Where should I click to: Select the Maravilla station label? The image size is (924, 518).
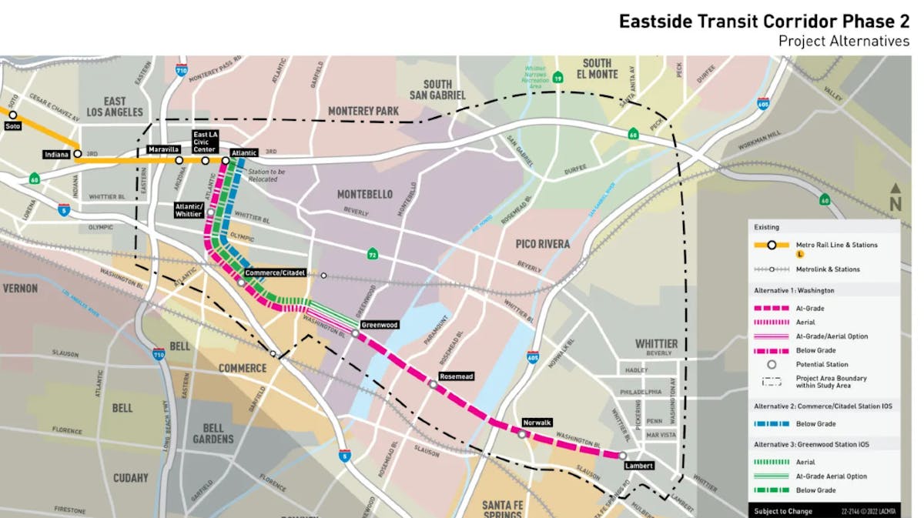click(x=164, y=149)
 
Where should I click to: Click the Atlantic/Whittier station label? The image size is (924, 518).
click(x=189, y=210)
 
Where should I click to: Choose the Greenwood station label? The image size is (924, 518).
click(x=380, y=325)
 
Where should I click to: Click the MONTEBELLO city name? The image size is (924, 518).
click(x=364, y=195)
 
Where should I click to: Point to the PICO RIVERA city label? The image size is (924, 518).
click(x=543, y=244)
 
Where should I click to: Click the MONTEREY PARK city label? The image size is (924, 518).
click(x=363, y=111)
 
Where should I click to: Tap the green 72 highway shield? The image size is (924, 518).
click(x=372, y=253)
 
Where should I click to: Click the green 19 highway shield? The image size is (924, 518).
click(x=557, y=78)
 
